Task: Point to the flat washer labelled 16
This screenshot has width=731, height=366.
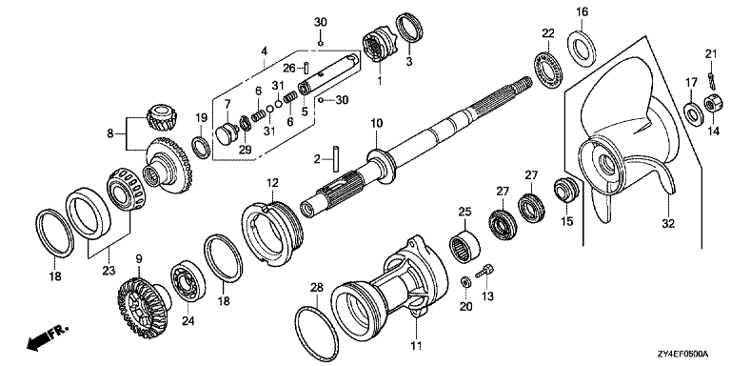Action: point(581,47)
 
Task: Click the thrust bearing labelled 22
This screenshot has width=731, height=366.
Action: point(549,69)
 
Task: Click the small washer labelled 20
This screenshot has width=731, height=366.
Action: point(465,282)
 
